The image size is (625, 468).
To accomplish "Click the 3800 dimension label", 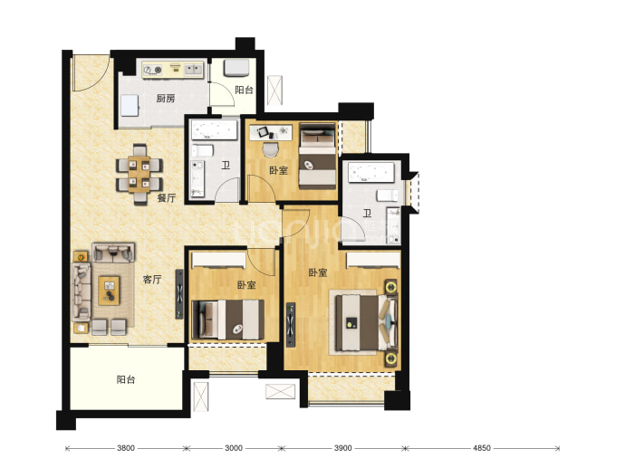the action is [126, 448].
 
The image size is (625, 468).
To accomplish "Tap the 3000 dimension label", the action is [234, 448].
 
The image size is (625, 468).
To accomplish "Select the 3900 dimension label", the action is [342, 448].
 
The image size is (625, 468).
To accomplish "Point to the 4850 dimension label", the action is [482, 448].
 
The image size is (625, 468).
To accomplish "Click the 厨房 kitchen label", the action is [166, 98].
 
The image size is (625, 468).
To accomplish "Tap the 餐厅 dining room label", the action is [167, 197].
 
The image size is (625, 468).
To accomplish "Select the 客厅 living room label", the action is [152, 279].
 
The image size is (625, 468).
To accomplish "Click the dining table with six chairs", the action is [139, 174].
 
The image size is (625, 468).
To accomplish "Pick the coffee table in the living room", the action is [109, 291].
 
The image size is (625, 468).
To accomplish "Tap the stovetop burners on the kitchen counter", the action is [153, 70].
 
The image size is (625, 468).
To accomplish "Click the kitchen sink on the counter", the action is [193, 70].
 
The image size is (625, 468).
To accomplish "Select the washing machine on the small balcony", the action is [236, 68].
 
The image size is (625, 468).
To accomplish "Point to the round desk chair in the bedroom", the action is [271, 149].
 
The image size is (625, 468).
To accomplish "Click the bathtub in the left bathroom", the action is [215, 129].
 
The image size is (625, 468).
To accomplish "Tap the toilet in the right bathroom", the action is [388, 196].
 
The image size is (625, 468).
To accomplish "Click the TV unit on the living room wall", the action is [179, 294].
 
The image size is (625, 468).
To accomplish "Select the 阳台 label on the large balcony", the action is [126, 379].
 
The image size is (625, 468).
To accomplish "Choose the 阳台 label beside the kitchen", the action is [244, 90].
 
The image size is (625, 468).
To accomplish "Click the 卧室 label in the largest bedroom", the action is [318, 272].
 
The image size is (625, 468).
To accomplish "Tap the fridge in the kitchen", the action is [130, 106].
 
